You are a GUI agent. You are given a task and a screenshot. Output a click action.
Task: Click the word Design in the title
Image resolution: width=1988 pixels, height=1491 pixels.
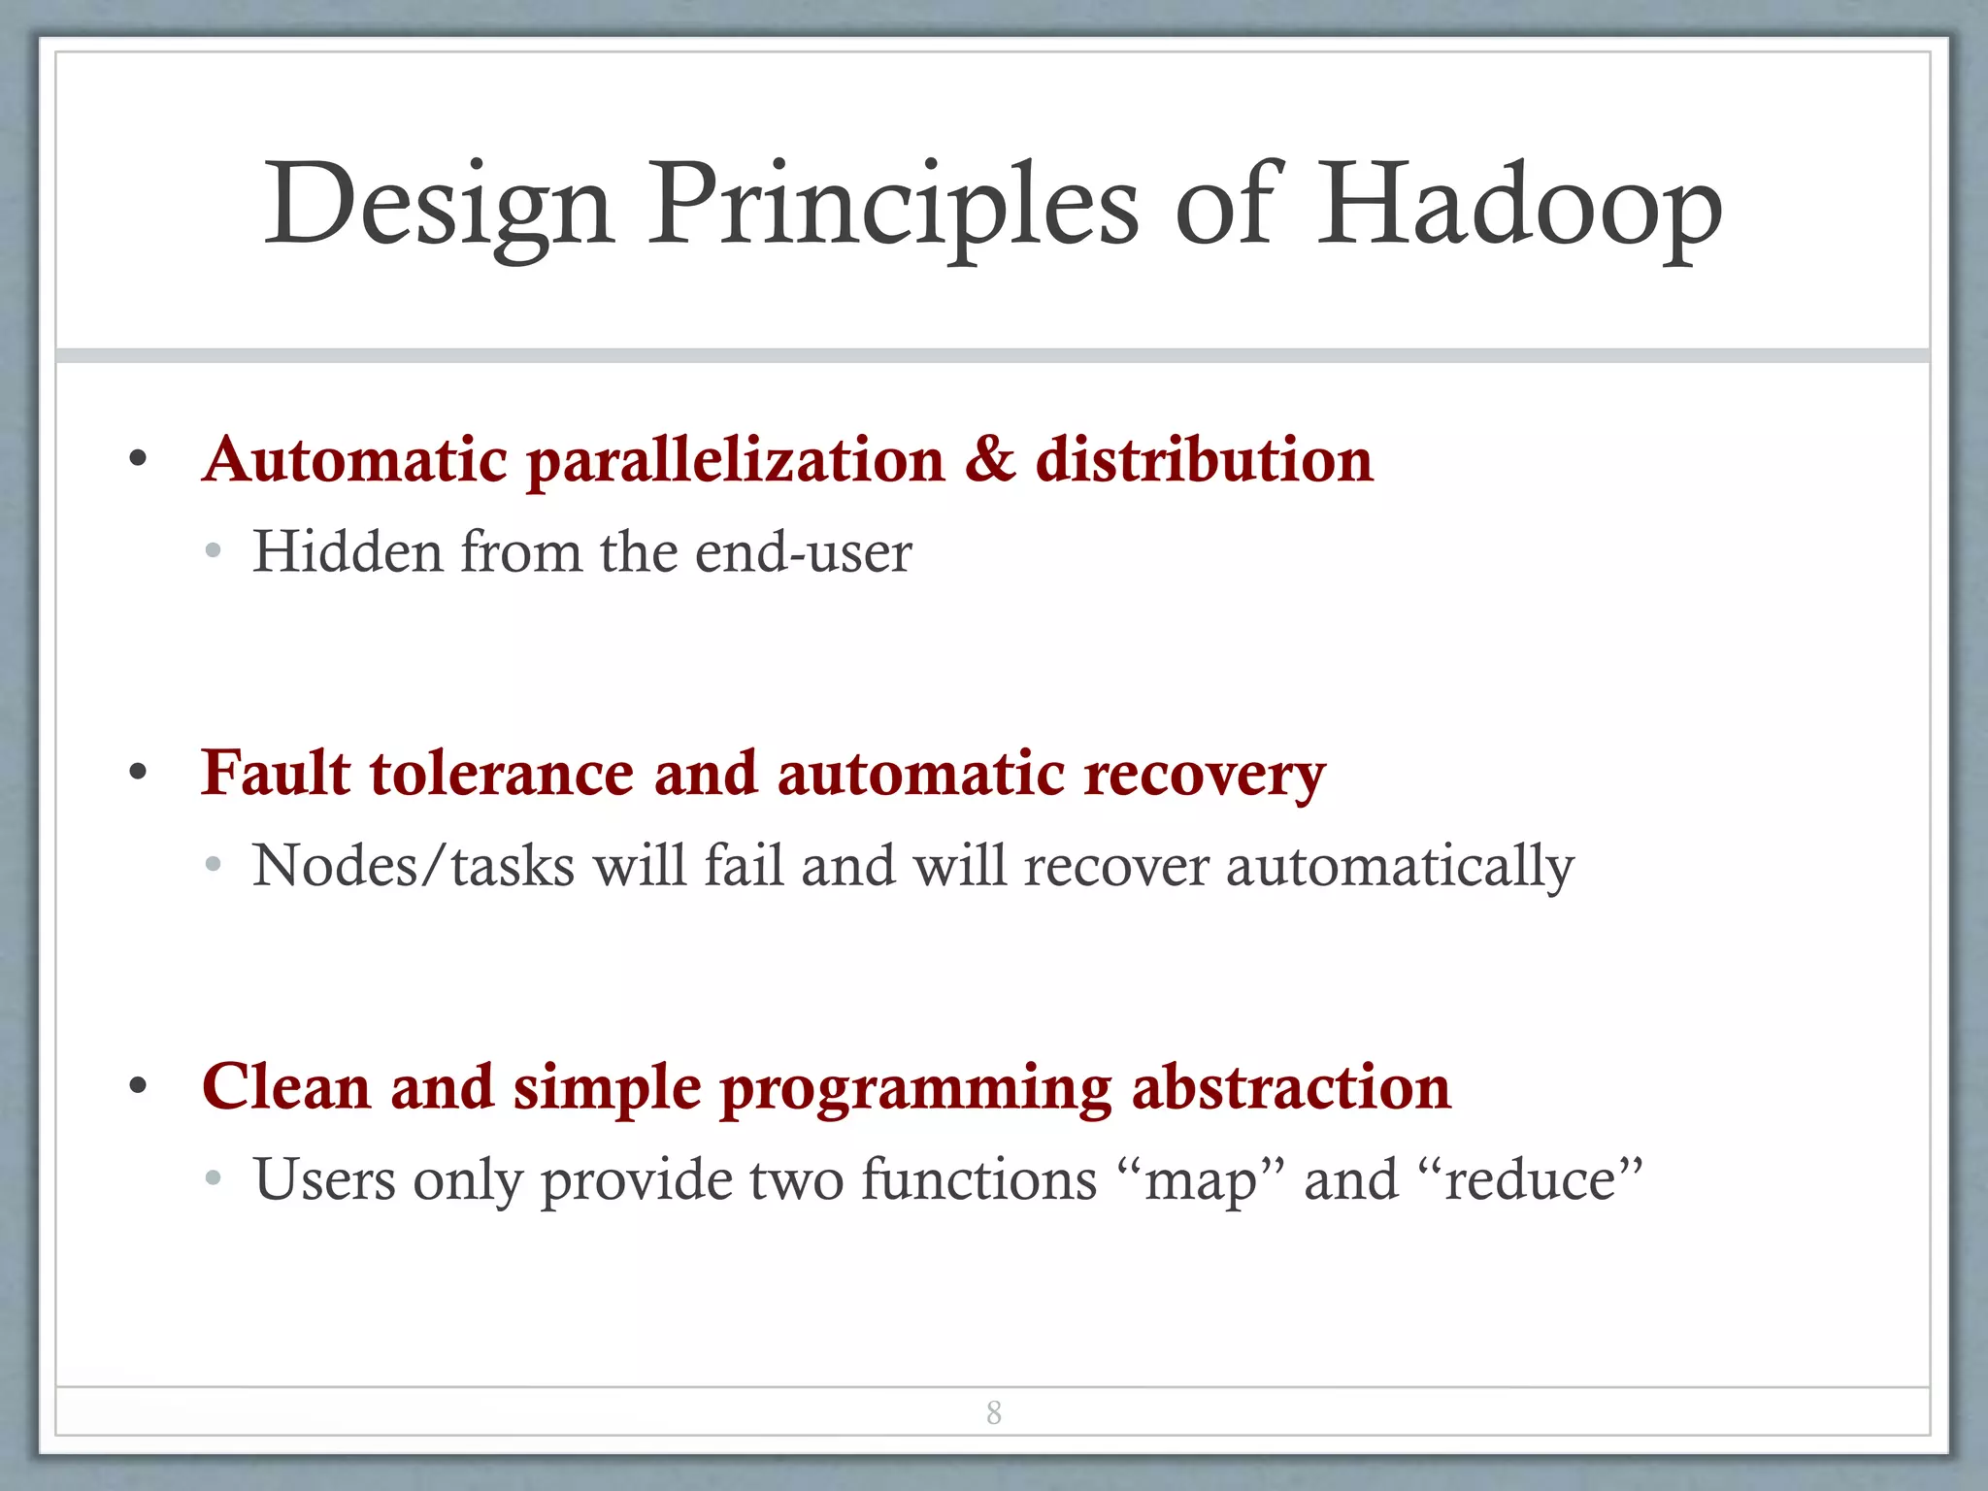click(x=439, y=206)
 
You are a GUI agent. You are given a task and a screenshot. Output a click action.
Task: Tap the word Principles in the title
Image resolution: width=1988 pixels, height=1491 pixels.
click(x=893, y=206)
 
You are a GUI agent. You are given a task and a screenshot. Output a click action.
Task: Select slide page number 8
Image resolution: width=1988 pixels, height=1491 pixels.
click(x=994, y=1412)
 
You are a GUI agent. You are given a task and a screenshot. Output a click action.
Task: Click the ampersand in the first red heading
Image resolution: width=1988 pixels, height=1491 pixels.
click(x=989, y=459)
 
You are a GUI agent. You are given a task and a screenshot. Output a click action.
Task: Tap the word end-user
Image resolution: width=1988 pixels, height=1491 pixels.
click(x=804, y=552)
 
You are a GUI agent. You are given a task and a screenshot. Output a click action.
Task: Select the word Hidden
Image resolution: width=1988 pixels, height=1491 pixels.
click(x=348, y=552)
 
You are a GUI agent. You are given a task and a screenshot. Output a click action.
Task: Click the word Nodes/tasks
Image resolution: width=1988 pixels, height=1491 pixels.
click(x=414, y=866)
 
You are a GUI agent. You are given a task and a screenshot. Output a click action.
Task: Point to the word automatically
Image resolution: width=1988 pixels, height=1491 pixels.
click(x=1399, y=866)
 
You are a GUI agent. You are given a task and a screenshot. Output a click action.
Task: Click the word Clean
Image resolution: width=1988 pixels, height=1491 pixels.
click(x=286, y=1087)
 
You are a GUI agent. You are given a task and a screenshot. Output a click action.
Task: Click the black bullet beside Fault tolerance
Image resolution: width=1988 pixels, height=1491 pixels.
click(x=138, y=774)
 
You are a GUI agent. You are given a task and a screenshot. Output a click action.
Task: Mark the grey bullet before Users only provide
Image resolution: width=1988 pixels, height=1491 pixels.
click(x=214, y=1178)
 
